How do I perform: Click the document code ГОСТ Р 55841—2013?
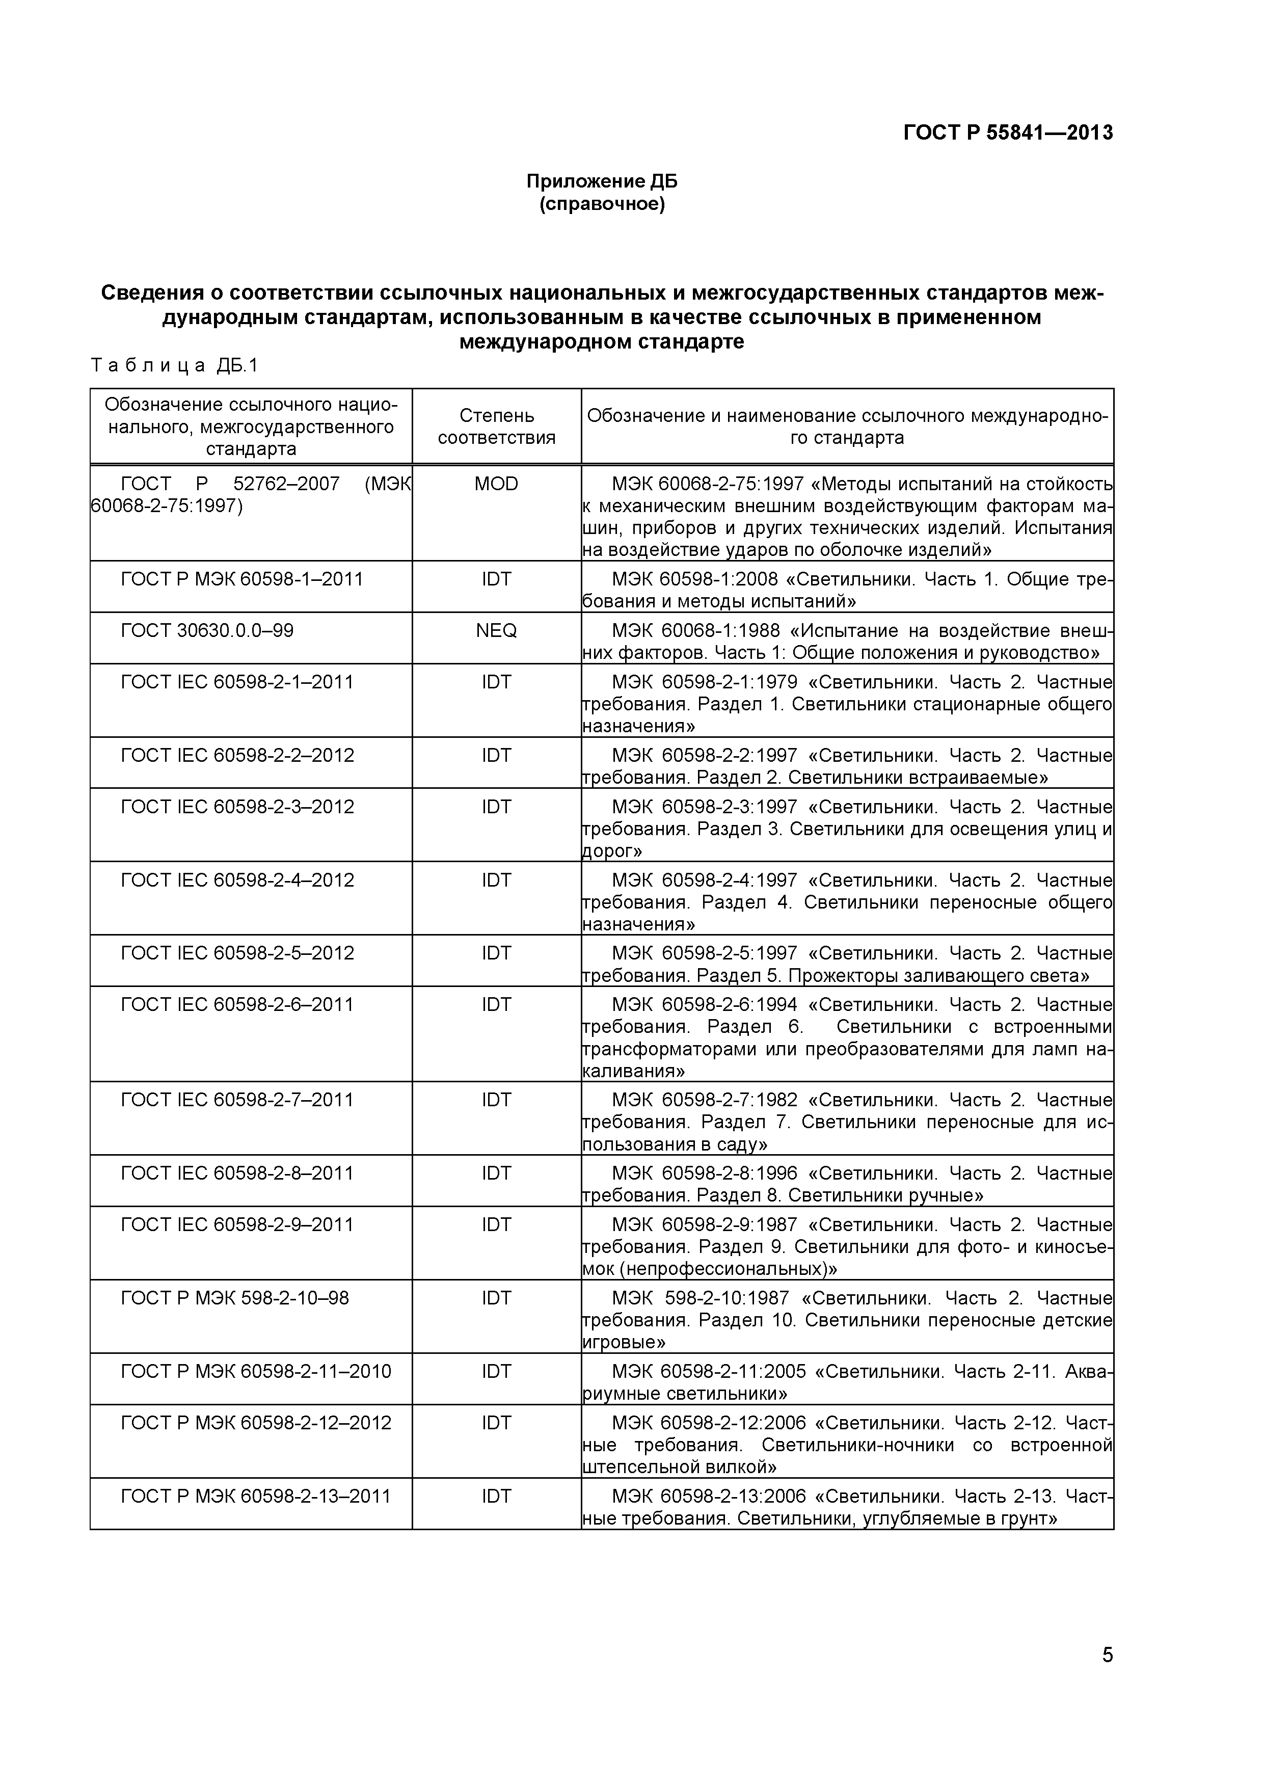(1007, 133)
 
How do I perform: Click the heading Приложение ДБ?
(602, 181)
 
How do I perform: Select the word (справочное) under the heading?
(602, 205)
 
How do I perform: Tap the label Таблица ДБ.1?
(174, 366)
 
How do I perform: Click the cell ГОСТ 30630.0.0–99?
(207, 630)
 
